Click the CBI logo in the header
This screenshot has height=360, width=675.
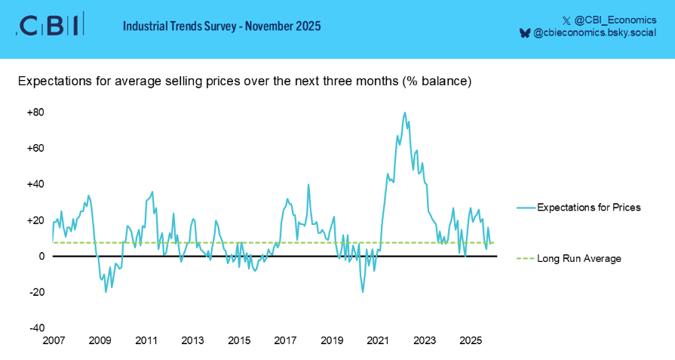[x=50, y=26]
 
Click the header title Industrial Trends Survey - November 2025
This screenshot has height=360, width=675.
[x=222, y=26]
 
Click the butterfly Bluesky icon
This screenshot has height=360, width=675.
[x=525, y=34]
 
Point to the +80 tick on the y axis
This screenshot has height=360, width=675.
[x=36, y=112]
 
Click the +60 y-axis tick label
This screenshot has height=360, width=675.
[x=36, y=149]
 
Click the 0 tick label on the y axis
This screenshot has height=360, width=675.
[x=41, y=257]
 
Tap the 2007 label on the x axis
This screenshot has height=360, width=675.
[x=54, y=340]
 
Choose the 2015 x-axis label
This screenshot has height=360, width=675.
[x=239, y=340]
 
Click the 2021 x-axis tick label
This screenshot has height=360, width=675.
[x=378, y=340]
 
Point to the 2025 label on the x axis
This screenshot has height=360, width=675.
[x=471, y=340]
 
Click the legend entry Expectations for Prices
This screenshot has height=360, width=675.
[x=588, y=208]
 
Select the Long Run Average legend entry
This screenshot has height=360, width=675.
[x=578, y=259]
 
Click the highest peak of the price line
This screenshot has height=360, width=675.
[x=405, y=112]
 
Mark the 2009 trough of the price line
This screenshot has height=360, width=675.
[x=106, y=291]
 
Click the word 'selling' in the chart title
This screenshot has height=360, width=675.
[x=184, y=81]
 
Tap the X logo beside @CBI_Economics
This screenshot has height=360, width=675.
[x=566, y=18]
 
